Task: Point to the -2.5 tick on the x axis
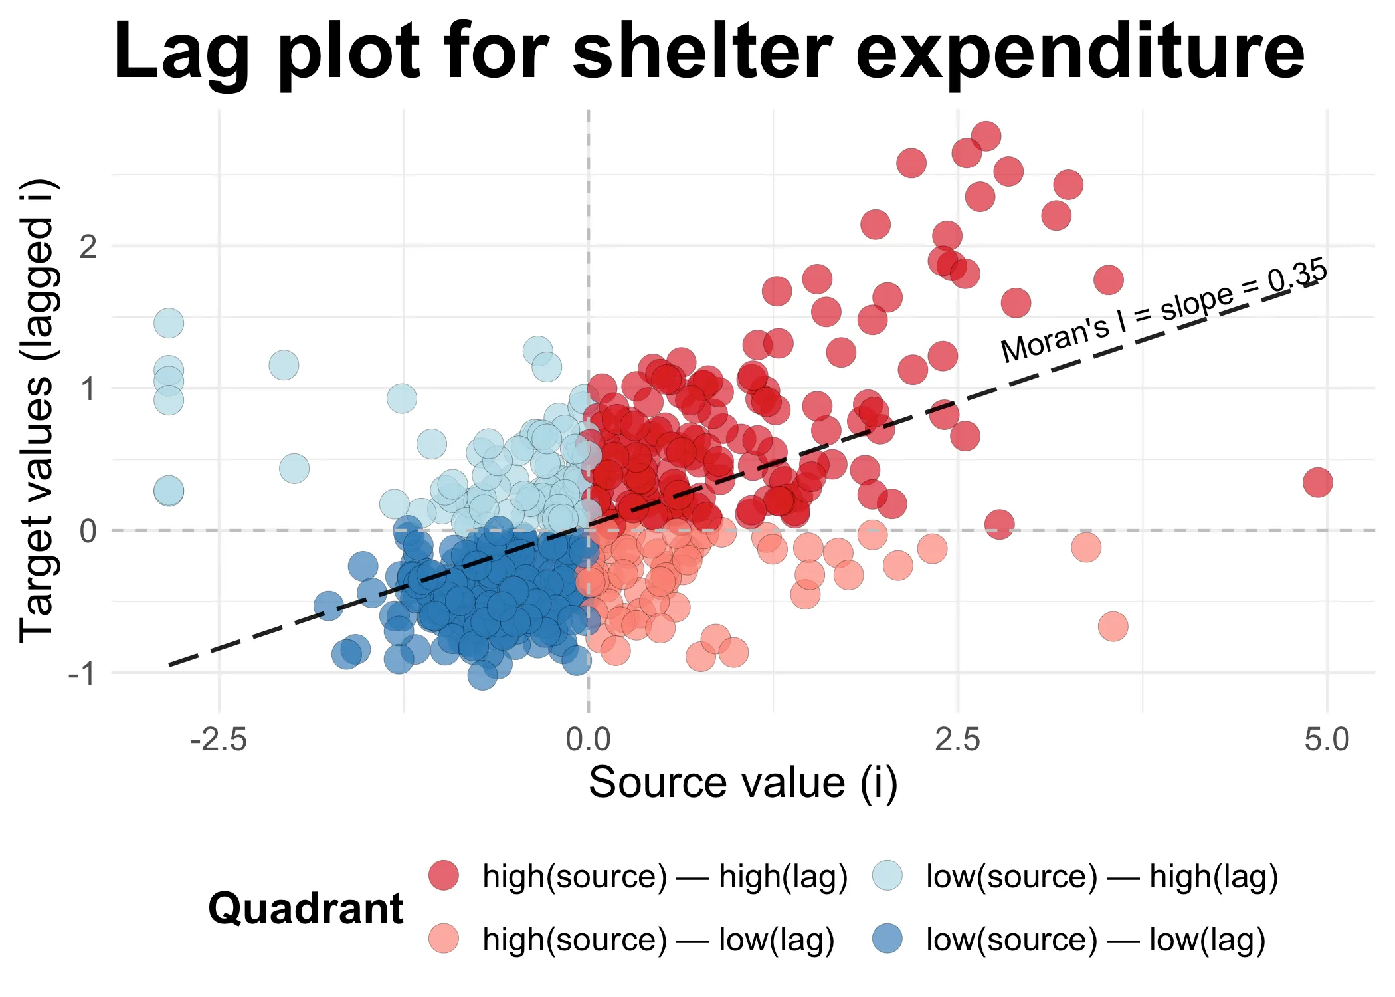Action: click(219, 740)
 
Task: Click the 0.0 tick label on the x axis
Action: click(588, 740)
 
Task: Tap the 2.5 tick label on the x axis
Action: click(957, 740)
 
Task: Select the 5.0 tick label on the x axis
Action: click(1327, 740)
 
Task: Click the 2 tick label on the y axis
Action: click(88, 247)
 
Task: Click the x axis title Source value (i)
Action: click(743, 783)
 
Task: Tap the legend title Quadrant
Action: click(306, 909)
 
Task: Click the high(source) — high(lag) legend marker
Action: click(443, 875)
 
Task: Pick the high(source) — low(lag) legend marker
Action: click(443, 939)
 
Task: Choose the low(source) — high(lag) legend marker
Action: click(887, 875)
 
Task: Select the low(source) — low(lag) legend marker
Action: click(887, 939)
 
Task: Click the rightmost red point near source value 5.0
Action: click(1317, 482)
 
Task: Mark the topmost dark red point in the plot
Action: click(986, 136)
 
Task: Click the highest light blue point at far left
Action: click(169, 323)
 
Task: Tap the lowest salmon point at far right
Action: click(1113, 626)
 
